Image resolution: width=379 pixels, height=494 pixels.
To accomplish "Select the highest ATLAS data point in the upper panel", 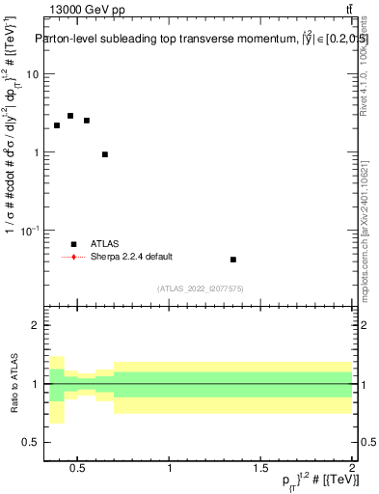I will [x=70, y=116].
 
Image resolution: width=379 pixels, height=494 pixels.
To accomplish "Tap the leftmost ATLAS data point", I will [x=57, y=125].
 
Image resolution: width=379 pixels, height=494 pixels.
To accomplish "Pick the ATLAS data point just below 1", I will [x=105, y=154].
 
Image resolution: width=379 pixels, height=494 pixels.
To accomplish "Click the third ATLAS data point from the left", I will [x=87, y=121].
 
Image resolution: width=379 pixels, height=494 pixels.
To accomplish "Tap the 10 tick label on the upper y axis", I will [x=33, y=74].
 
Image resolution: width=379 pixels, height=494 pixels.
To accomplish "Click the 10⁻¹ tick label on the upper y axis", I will [x=30, y=230].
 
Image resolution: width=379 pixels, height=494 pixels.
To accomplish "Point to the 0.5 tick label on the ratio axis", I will [x=31, y=442].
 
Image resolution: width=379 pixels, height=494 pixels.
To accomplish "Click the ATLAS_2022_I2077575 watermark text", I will [x=200, y=288].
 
